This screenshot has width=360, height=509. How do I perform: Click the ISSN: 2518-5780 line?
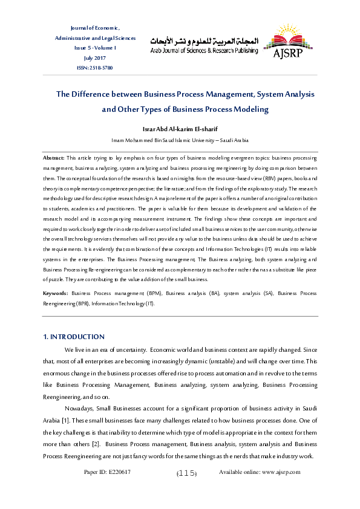click(x=96, y=67)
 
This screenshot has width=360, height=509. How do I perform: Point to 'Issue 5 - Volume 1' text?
click(x=96, y=48)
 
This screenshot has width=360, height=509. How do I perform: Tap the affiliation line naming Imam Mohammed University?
click(x=180, y=140)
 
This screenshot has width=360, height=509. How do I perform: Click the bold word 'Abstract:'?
click(x=54, y=157)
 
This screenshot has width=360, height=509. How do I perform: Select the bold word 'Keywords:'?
click(x=55, y=293)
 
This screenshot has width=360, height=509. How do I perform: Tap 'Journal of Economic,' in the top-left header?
click(x=96, y=28)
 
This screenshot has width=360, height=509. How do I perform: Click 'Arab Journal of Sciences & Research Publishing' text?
click(x=204, y=51)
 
